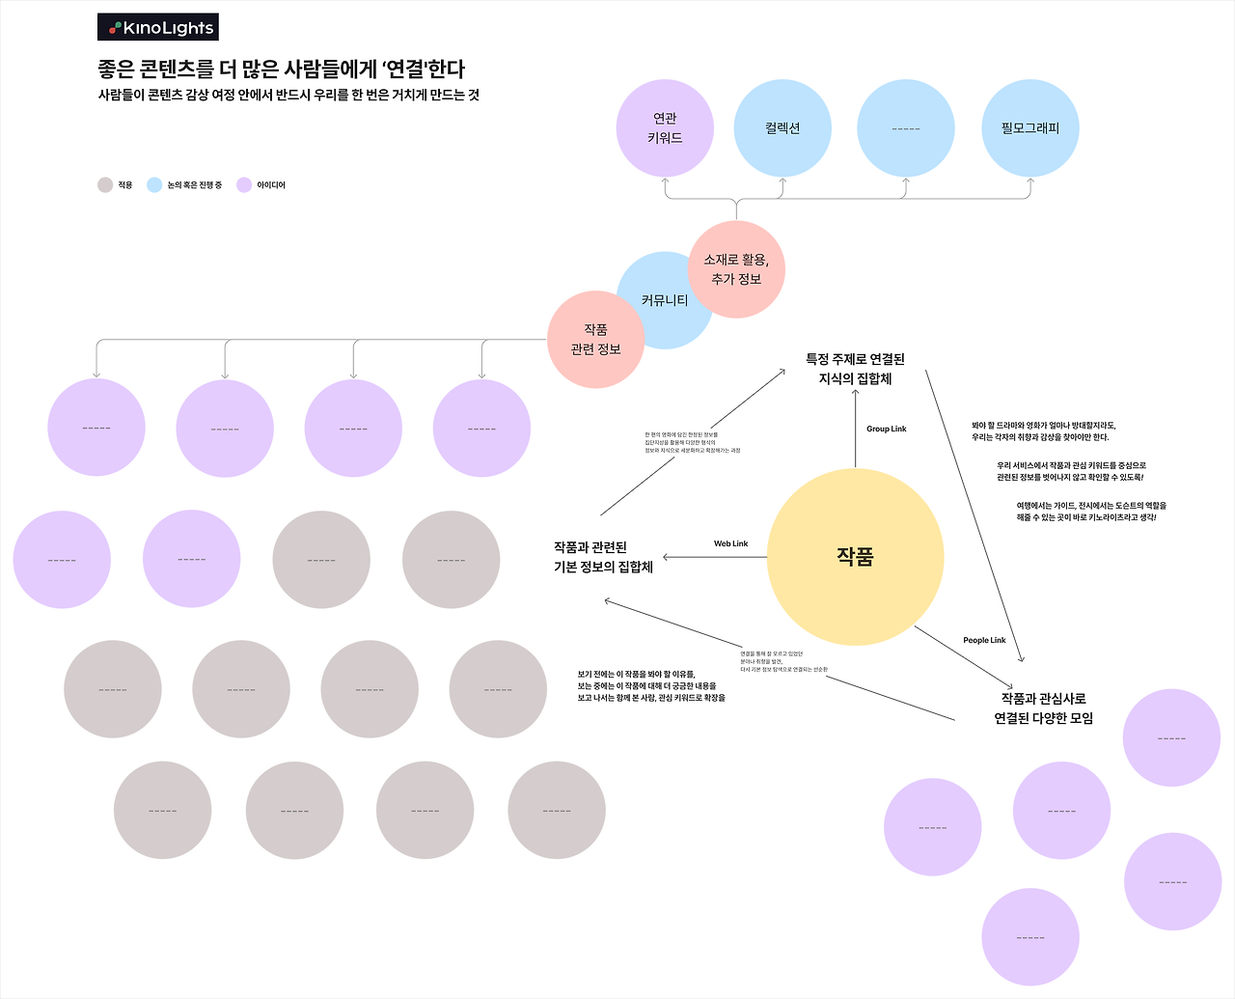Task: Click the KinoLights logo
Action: click(158, 27)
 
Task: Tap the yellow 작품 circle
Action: click(855, 557)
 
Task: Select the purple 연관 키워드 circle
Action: click(665, 127)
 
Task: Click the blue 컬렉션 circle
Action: click(782, 127)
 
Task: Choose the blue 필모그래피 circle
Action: click(1029, 127)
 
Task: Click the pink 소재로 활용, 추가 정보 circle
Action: click(737, 269)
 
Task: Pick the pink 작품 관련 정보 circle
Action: click(595, 340)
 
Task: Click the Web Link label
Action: click(730, 543)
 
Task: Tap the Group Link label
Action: click(886, 429)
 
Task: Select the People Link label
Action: click(984, 640)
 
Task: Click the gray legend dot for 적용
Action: click(105, 184)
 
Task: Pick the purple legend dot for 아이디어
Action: click(244, 184)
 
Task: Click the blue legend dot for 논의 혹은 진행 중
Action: click(154, 184)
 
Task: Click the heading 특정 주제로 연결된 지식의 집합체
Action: click(855, 369)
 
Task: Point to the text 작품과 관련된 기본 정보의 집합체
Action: click(603, 557)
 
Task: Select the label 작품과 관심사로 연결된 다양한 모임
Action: click(1043, 708)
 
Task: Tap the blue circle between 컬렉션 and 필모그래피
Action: click(905, 127)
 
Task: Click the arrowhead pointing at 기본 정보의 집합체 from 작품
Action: click(667, 557)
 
